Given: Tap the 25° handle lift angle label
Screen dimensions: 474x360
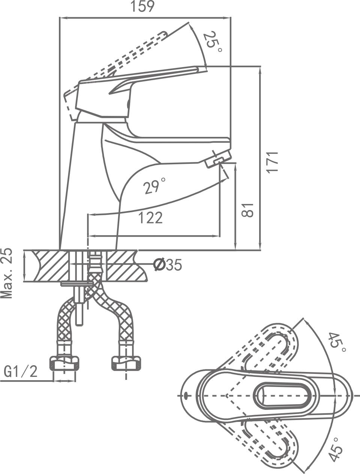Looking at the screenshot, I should click(213, 42).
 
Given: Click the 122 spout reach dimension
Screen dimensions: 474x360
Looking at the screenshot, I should click(151, 217).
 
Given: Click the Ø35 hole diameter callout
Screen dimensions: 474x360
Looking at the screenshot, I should click(168, 265).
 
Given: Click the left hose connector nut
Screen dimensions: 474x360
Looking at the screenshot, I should click(64, 363).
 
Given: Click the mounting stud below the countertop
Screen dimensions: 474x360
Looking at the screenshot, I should click(79, 306).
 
